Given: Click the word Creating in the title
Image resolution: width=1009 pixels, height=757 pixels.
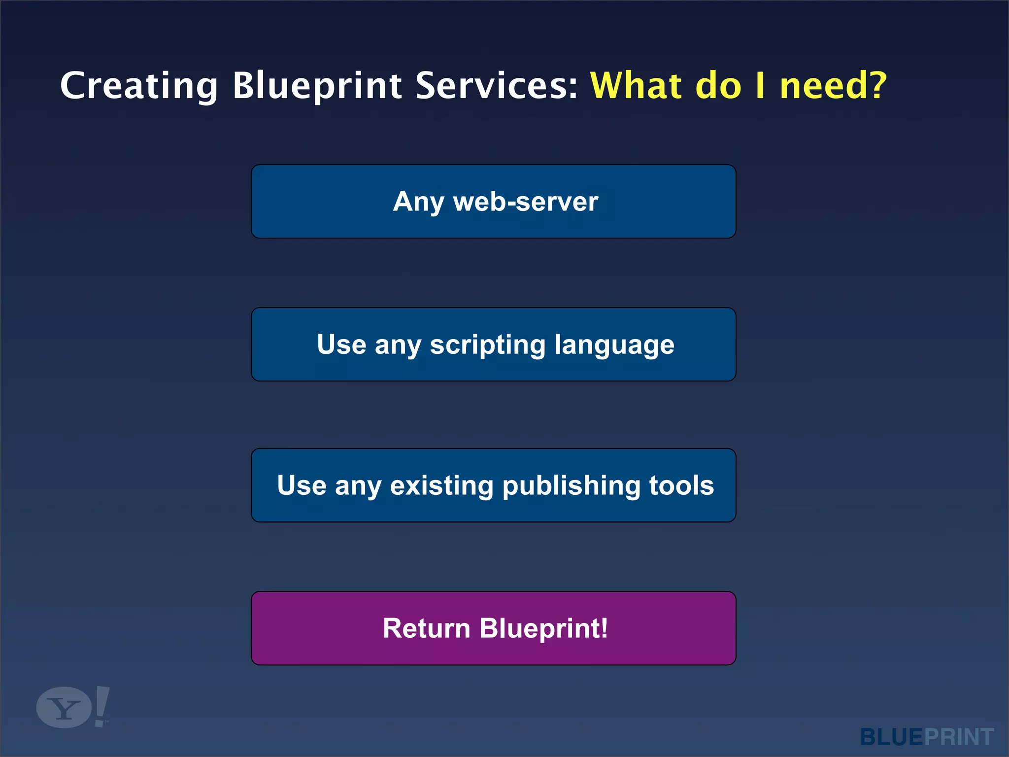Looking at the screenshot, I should point(138,86).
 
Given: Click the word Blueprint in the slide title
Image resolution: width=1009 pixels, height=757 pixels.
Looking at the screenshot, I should point(317,86).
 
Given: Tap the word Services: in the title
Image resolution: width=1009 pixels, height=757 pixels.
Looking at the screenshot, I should point(496,85).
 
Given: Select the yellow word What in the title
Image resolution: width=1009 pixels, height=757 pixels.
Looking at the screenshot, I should point(636,85).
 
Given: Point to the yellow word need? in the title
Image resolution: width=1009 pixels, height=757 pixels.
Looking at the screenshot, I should point(833,85).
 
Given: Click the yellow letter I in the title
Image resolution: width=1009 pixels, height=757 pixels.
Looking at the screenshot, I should point(760,85).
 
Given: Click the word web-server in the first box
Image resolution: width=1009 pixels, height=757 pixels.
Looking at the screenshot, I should point(526,202).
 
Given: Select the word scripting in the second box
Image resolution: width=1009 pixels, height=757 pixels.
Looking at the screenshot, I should point(487,345).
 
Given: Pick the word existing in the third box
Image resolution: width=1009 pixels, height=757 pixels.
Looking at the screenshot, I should point(441,485).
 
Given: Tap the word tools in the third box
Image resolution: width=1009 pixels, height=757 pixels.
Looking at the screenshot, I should point(681,485).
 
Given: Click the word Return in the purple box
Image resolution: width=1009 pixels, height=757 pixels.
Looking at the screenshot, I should point(426,628).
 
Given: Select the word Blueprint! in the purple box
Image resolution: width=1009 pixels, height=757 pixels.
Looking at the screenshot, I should point(544,629).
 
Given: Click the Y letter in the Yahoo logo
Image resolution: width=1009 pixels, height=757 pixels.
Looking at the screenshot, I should point(64,709).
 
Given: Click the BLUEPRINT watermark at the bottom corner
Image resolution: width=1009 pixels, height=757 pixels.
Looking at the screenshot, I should point(926,737).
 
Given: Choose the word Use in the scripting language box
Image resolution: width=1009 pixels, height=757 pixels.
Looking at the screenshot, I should point(341,344).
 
